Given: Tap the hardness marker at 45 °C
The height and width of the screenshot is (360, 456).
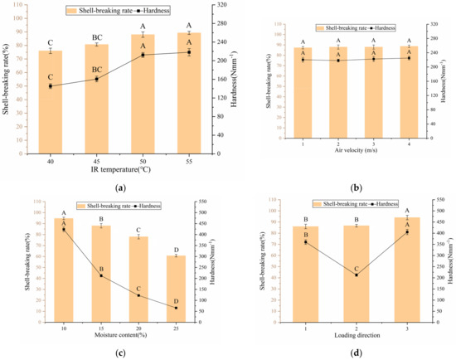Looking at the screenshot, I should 96,79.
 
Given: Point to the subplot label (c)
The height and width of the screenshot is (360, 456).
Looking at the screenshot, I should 121,353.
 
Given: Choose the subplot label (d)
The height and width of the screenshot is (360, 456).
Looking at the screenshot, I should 357,353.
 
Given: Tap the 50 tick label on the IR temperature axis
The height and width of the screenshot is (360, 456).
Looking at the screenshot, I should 143,160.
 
